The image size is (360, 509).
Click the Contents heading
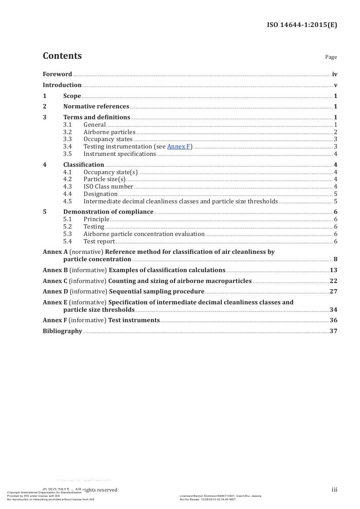(62, 56)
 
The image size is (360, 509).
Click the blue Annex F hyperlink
(178, 147)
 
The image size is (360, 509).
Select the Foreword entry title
(57, 74)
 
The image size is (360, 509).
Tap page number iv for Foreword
(334, 74)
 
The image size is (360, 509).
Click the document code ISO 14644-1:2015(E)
(302, 25)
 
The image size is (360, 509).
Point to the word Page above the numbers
(331, 57)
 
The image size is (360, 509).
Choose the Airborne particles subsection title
(110, 132)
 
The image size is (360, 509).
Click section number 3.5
(67, 154)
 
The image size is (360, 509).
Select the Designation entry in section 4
(101, 194)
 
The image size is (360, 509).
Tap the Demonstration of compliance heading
(108, 212)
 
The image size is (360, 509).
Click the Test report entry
(99, 241)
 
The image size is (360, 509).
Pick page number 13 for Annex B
(334, 270)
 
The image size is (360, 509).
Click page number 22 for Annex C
(334, 281)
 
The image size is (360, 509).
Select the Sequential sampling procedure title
(157, 292)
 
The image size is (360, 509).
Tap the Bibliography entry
(63, 331)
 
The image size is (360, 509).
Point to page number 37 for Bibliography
(334, 331)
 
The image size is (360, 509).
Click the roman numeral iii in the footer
(334, 490)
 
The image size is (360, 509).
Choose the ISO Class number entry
(108, 186)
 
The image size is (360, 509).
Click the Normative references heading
(96, 107)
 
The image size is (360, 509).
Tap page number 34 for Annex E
(334, 310)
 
